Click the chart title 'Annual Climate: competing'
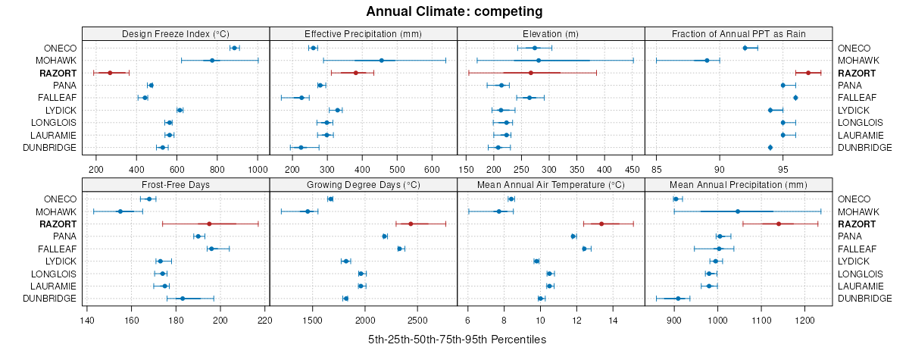pos(454,11)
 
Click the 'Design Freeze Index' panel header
pos(176,33)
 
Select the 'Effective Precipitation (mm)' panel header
pos(363,33)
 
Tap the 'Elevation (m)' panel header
pos(551,33)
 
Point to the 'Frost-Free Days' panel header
pos(176,184)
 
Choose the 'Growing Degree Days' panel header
pos(363,184)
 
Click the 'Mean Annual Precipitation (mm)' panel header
pos(739,184)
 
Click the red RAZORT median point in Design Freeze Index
pos(110,73)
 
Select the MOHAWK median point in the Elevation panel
pos(539,61)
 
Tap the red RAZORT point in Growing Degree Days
pos(411,224)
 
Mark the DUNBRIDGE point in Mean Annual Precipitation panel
pos(678,299)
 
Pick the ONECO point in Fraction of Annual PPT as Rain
pos(745,48)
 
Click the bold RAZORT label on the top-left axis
pos(58,73)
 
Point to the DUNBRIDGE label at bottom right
pos(865,299)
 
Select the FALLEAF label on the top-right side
pos(857,98)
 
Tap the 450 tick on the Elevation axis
pos(633,168)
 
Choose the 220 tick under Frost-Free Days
pos(265,319)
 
